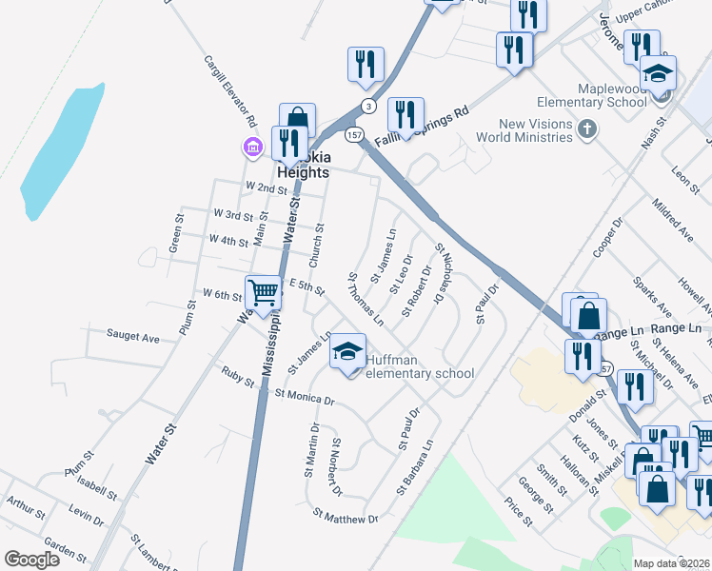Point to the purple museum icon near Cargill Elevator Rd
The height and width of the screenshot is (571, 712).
pos(253,148)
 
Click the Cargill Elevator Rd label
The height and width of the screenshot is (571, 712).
pos(228,90)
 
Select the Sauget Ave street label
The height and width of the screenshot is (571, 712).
pos(133,337)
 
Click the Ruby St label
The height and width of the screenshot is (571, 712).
pos(238,377)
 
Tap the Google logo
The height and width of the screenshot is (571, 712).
pos(32,560)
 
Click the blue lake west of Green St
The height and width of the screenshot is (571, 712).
pos(62,152)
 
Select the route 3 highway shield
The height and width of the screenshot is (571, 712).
pos(367,106)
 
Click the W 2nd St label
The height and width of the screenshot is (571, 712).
pos(267,188)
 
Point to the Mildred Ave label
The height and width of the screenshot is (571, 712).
pos(673,219)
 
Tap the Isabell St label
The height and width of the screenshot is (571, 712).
pos(97,490)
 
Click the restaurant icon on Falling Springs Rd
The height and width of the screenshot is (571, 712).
pos(405,114)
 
